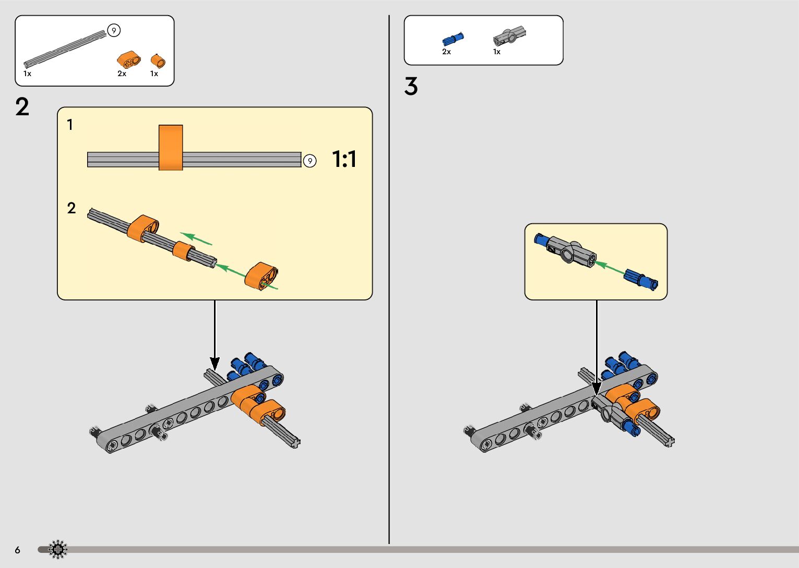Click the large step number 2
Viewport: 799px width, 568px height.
(x=22, y=107)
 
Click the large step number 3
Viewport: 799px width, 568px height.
(x=411, y=87)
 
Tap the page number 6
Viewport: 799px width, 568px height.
(x=18, y=550)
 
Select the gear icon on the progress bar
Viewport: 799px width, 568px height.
(x=58, y=549)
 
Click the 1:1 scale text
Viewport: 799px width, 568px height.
(x=344, y=159)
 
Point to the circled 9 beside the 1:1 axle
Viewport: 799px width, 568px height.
(x=310, y=161)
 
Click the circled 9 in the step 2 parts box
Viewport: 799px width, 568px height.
(x=114, y=31)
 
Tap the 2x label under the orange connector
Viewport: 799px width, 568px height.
(x=122, y=74)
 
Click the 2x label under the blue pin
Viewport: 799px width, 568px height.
(x=446, y=52)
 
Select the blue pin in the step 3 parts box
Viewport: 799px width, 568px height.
(x=453, y=39)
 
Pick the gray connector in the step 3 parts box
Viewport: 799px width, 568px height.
(x=509, y=37)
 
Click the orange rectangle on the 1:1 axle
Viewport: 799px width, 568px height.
(x=171, y=148)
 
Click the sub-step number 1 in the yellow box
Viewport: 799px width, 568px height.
(x=70, y=125)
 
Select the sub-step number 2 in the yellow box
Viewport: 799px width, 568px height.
(x=71, y=209)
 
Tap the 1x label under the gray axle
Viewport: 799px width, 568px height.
(x=27, y=74)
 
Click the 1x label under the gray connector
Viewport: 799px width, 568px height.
(x=497, y=52)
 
